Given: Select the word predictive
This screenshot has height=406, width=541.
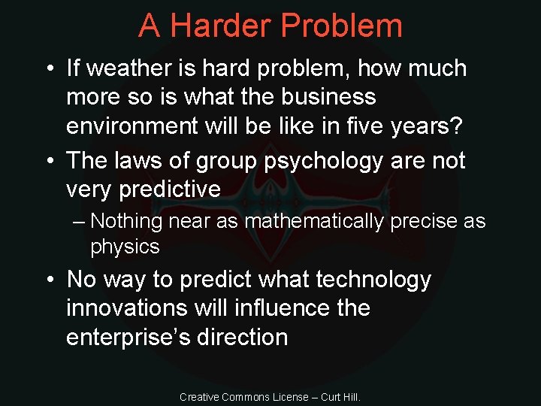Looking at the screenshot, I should pos(170,189).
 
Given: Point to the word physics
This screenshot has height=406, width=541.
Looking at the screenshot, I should pos(125,247).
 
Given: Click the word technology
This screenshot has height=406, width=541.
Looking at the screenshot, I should pos(373,280).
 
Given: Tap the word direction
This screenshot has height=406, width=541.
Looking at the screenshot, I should pos(242,337).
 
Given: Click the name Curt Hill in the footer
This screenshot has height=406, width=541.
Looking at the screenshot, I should pos(341,396).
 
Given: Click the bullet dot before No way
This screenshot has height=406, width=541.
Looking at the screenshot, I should pos(50,280).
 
